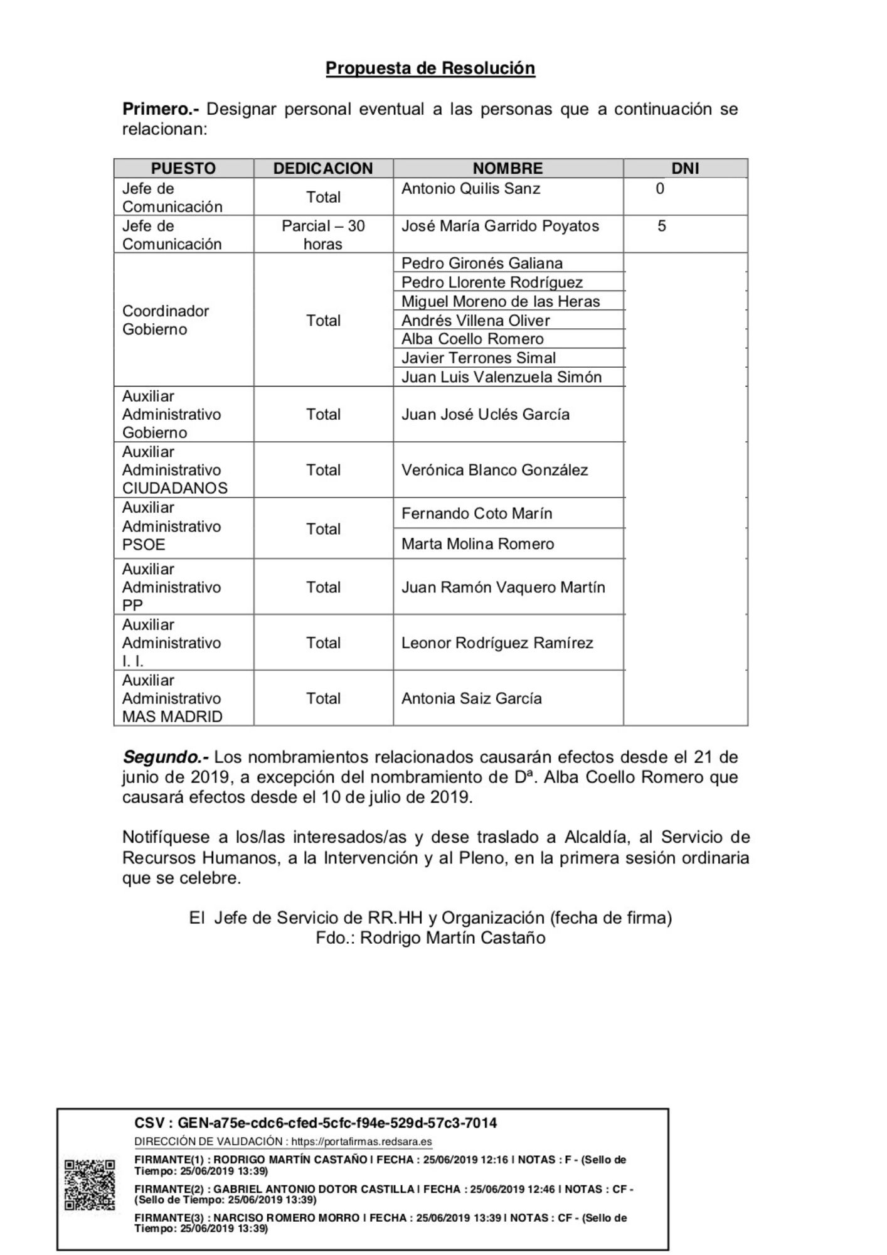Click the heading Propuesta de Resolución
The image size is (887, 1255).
430,68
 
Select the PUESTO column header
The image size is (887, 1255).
183,168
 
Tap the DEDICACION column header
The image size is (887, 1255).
323,168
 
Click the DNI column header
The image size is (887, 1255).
685,168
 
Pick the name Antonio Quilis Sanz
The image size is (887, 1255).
470,188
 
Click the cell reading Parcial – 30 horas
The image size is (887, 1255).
323,235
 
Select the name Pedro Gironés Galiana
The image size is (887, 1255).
482,263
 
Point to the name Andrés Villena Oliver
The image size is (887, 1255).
475,320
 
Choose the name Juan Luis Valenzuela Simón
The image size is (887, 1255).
501,376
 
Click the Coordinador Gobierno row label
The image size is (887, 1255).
165,320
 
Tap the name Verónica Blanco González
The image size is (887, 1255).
494,470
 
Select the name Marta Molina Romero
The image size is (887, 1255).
477,543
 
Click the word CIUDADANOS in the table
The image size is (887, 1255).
174,488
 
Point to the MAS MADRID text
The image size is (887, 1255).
172,717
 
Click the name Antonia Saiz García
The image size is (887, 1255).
471,698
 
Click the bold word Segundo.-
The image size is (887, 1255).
165,757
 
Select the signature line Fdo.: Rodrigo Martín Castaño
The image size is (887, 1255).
430,937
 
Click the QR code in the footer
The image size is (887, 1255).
90,1185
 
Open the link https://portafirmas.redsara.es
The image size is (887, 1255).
361,1141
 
